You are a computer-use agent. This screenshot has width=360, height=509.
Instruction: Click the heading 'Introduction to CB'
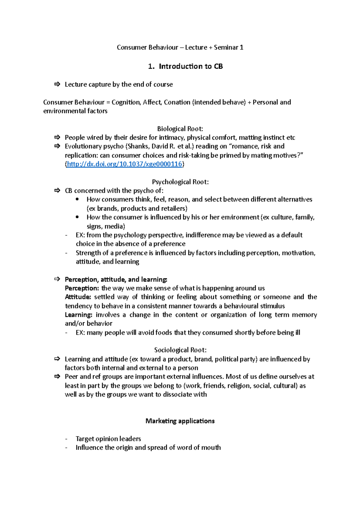190,66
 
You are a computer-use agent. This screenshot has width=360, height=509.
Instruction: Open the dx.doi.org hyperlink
124,164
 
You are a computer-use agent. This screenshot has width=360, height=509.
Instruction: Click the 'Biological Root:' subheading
180,129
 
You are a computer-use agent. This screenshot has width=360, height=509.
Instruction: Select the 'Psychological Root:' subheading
180,182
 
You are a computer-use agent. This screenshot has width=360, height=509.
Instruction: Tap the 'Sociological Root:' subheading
180,350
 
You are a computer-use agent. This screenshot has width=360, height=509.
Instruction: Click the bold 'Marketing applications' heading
180,421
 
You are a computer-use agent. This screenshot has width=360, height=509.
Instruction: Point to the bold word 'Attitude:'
78,297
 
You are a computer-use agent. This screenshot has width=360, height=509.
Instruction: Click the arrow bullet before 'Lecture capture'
57,84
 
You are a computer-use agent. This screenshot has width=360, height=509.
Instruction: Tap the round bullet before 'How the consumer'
77,217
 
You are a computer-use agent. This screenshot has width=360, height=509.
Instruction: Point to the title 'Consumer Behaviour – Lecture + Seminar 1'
180,47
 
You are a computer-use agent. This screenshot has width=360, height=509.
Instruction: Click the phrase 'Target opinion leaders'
108,439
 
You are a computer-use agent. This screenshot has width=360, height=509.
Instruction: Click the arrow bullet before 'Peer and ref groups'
57,377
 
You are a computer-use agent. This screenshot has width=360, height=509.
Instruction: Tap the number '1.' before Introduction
151,66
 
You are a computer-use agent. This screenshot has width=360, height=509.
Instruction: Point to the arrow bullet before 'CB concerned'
57,190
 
